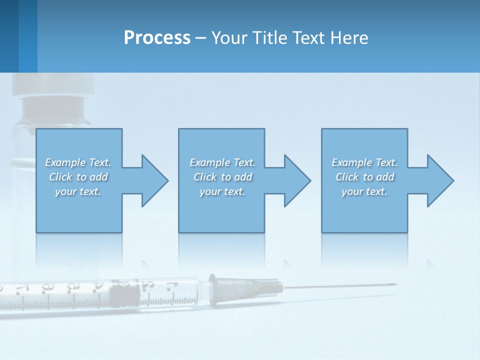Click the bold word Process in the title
pos(157,38)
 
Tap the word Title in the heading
pos(270,38)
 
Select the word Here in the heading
pos(349,38)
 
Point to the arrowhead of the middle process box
pos(296,180)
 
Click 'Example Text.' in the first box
pos(78,162)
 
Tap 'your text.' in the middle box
pos(222,191)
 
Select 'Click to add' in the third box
pos(364,177)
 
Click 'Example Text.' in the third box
pos(364,162)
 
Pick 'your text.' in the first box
pos(78,191)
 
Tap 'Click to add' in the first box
pos(78,177)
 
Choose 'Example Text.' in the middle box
pos(222,162)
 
